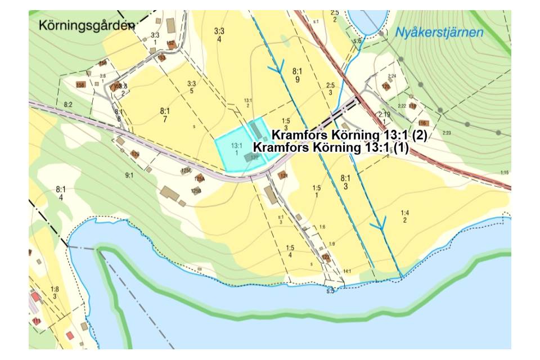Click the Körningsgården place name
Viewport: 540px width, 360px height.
[x=87, y=25]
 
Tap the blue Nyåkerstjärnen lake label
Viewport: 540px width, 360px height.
[x=439, y=33]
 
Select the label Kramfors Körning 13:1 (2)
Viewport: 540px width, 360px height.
[x=349, y=136]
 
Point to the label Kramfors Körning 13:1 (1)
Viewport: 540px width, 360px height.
[x=330, y=147]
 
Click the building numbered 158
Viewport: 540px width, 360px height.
[x=80, y=85]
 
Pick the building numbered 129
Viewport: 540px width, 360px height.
[x=134, y=154]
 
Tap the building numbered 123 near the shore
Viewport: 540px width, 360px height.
[x=326, y=258]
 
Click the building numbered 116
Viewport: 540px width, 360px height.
[x=422, y=123]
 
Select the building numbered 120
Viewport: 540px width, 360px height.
[x=385, y=87]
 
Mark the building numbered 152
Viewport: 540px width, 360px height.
[x=170, y=43]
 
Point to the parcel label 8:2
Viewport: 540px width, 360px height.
[x=69, y=105]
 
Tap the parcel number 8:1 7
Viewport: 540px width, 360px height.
[x=165, y=115]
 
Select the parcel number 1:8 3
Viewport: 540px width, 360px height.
[x=55, y=292]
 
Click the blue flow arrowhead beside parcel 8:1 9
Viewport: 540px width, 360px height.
[x=276, y=69]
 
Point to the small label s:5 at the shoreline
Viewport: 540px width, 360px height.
[x=330, y=291]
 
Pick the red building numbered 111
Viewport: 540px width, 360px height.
[x=37, y=321]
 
